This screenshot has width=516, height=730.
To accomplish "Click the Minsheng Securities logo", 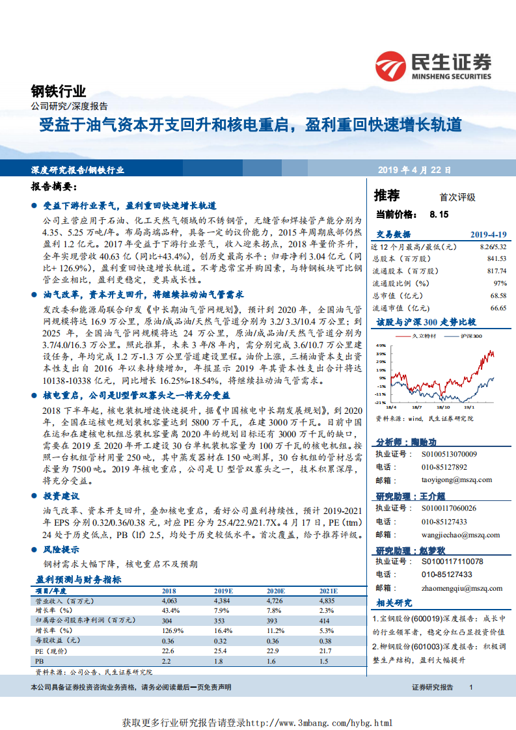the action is [433, 66].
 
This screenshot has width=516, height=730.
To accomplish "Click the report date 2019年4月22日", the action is [414, 170].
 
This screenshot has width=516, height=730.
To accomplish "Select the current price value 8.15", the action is [439, 213].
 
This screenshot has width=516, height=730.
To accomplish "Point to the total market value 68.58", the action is [496, 295].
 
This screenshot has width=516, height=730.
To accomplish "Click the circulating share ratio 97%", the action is [500, 283].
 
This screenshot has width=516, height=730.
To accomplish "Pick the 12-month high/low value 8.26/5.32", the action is [493, 247].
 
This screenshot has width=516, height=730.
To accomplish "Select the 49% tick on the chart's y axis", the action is [380, 345].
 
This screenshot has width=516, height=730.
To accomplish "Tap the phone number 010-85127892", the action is [444, 467].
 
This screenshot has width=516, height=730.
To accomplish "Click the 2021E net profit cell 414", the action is [325, 621].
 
